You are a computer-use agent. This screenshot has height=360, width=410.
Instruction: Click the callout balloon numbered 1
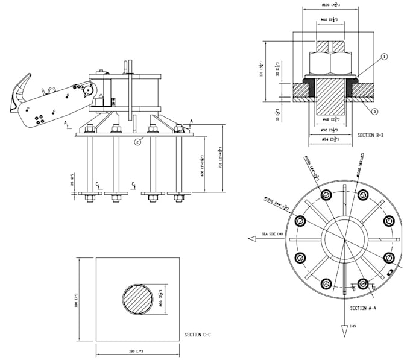coord(384,57)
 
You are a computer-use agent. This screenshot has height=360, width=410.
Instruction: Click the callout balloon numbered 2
coord(138,142)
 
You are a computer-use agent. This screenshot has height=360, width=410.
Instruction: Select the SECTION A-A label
coord(364,308)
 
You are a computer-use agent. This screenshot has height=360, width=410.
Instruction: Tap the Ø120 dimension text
coord(330,5)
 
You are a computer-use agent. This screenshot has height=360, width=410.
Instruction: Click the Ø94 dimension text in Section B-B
coord(329,139)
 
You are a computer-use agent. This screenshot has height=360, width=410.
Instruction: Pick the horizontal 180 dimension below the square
coord(139,351)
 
